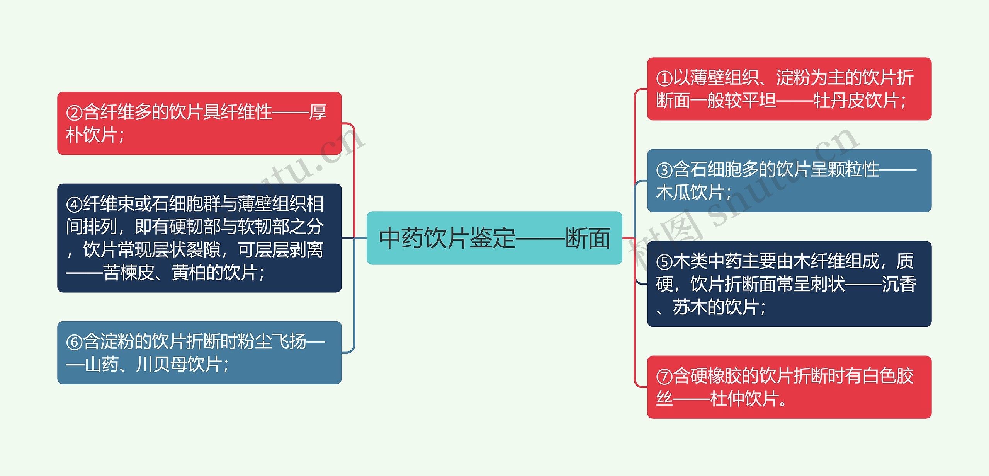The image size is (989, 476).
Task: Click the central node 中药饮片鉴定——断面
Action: coord(494,238)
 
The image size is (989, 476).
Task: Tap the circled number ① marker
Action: coord(664,78)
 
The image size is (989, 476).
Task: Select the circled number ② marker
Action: coord(74,113)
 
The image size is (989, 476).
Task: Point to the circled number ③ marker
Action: coord(664,170)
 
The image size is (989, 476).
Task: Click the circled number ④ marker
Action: coord(74,205)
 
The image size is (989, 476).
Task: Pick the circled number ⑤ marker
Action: coord(664,262)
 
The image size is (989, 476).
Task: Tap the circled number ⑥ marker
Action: coord(74,342)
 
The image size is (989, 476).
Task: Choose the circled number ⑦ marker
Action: coord(664,377)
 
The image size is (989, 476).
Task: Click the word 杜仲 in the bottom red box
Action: coord(727,399)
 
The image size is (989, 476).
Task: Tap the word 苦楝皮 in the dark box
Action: coord(129,273)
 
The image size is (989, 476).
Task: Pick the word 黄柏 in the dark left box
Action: coord(189,273)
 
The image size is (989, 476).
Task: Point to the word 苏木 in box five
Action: coord(690,307)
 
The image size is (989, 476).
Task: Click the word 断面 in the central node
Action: coord(588,238)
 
